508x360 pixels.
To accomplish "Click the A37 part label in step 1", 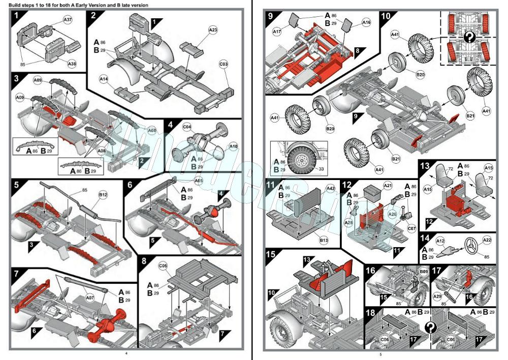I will click(68, 19).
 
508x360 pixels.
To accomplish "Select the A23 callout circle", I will click(213, 31).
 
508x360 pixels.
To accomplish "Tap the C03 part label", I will click(224, 65).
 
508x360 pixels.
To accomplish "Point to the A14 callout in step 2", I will click(104, 80).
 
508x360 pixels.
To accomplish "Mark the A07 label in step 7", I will click(90, 298).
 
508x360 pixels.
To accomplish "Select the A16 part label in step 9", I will click(366, 22).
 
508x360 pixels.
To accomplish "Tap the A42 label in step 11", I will click(331, 188).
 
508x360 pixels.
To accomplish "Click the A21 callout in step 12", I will click(388, 187).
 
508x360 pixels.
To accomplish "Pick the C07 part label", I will click(412, 229).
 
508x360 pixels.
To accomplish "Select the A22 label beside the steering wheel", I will click(487, 241).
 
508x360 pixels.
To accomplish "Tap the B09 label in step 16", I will click(424, 272).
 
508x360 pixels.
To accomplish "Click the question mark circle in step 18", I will click(431, 327).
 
